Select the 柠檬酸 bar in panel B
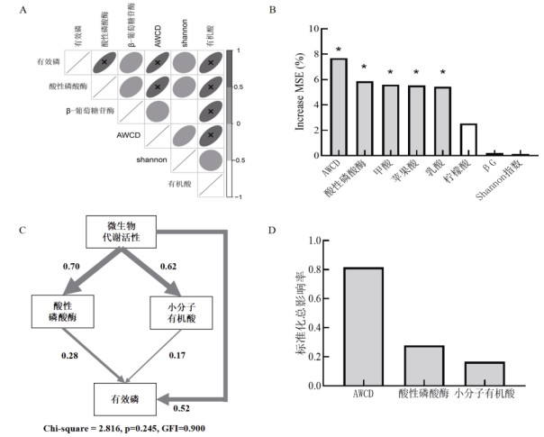tap(468, 140)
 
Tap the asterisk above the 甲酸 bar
tap(390, 73)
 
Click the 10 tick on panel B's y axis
tap(315, 29)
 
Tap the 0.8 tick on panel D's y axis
tap(314, 269)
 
